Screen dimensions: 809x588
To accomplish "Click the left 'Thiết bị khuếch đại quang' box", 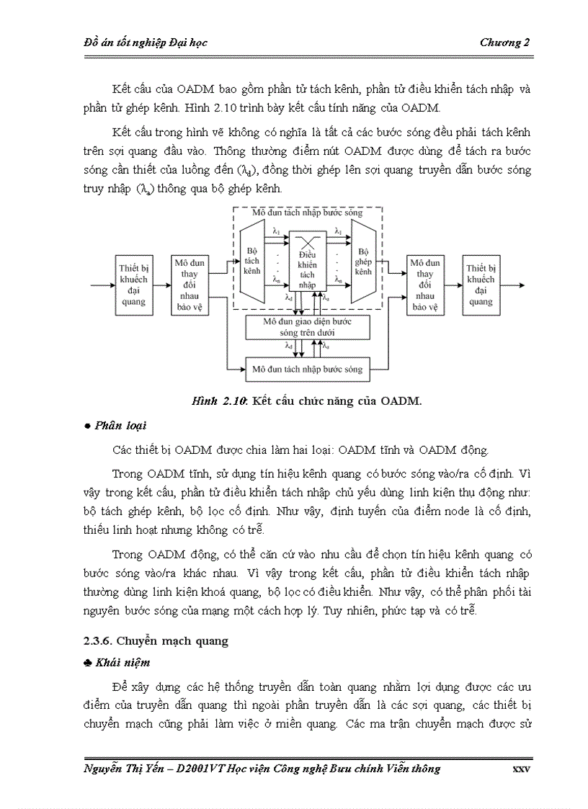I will coord(133,284).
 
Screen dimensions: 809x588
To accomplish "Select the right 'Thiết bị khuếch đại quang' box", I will coord(481,284).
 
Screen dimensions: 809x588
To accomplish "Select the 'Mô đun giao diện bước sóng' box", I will coord(308,326).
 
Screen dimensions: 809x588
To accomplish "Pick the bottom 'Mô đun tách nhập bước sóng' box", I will coord(308,369).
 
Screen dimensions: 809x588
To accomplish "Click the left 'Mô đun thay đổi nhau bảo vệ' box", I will coord(190,284).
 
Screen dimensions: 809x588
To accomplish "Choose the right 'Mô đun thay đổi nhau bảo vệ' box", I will coord(424,284).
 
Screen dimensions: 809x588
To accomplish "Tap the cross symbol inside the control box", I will coord(308,240).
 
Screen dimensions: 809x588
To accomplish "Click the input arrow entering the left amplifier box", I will coord(102,285).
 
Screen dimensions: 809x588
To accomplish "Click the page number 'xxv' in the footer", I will coord(521,769).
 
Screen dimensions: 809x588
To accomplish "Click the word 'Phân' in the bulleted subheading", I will coord(107,426).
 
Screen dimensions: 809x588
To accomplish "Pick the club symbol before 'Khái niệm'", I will coord(88,662).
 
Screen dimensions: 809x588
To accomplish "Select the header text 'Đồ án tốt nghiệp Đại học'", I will coord(146,43).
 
